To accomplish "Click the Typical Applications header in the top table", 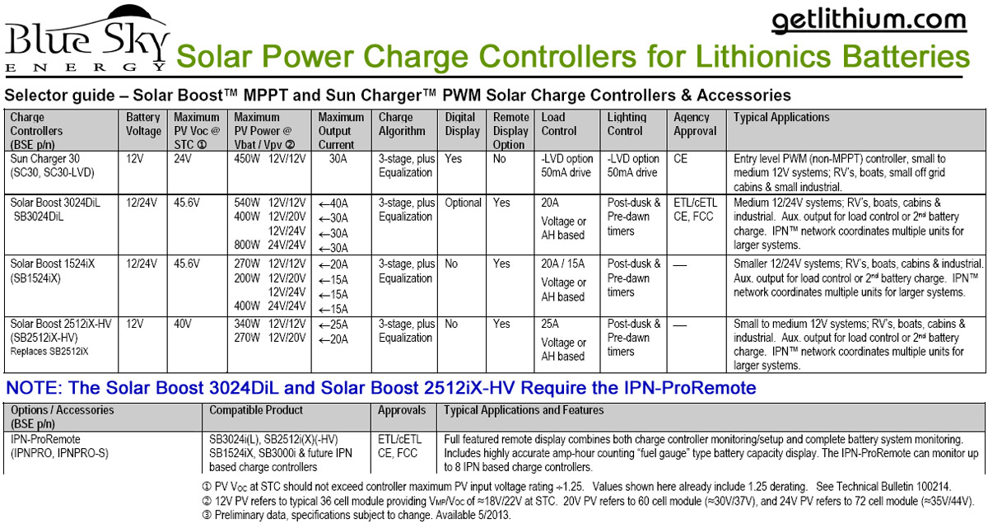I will click(782, 117).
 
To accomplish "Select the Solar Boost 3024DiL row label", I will click(54, 209).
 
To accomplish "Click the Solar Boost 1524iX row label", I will click(51, 270).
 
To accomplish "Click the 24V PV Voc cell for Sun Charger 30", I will click(184, 158).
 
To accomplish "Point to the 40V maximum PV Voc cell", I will click(184, 324).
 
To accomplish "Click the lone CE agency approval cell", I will click(681, 158).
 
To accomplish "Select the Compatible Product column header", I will click(256, 410).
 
